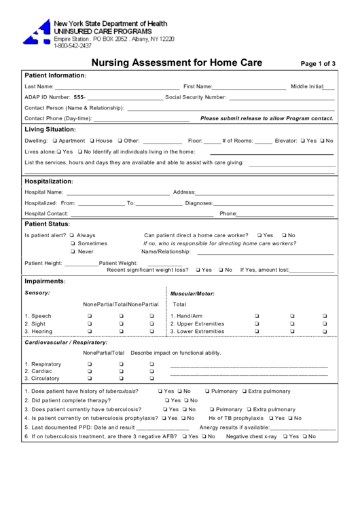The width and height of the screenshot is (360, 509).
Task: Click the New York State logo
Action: pos(37,32)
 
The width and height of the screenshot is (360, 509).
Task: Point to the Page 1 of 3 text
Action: pos(317,64)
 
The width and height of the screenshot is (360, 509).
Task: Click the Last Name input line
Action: pos(116,88)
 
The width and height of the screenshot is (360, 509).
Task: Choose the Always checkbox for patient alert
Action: pos(72,235)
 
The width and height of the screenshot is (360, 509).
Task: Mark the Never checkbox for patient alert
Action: pos(72,251)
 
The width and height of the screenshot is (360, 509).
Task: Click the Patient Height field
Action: pos(81,264)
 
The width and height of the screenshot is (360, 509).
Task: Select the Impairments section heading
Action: pos(45,281)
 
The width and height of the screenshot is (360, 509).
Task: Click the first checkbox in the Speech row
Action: pos(88,316)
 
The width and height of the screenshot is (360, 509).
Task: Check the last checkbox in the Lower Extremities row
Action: pos(325,332)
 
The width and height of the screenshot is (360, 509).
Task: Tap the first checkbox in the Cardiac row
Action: pos(88,372)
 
